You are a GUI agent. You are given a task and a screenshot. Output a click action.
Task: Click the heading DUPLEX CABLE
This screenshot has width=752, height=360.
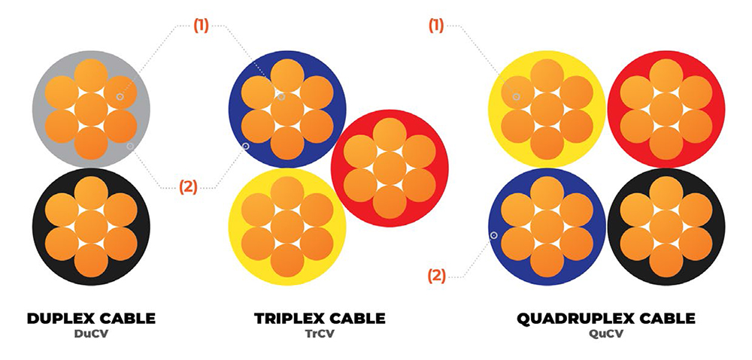pyautogui.click(x=91, y=319)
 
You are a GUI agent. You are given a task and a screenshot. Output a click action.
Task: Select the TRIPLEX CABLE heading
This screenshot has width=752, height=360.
pyautogui.click(x=320, y=319)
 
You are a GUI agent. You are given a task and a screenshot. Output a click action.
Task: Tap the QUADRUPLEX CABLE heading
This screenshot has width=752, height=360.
pyautogui.click(x=606, y=319)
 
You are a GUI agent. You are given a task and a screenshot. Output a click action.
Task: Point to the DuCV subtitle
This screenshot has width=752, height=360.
pyautogui.click(x=91, y=334)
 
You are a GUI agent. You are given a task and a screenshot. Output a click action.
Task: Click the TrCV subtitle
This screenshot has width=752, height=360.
pyautogui.click(x=320, y=334)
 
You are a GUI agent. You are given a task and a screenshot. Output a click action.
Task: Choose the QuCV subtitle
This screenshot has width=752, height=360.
pyautogui.click(x=606, y=334)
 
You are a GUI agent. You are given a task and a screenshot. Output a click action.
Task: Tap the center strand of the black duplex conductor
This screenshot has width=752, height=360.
pyautogui.click(x=91, y=226)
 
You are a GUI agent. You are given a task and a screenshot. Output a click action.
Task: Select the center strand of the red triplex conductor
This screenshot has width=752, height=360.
pyautogui.click(x=389, y=168)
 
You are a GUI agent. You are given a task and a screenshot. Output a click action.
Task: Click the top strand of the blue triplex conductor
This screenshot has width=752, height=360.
pyautogui.click(x=287, y=76)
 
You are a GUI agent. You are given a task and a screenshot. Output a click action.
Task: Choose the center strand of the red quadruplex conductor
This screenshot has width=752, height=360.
pyautogui.click(x=666, y=109)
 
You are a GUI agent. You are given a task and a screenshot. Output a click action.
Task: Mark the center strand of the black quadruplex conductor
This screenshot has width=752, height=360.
pyautogui.click(x=666, y=226)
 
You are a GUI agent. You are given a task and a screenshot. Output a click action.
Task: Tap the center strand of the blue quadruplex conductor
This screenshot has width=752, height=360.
pyautogui.click(x=547, y=226)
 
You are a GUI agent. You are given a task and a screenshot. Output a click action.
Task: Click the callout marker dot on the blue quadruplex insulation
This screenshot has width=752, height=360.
pyautogui.click(x=494, y=235)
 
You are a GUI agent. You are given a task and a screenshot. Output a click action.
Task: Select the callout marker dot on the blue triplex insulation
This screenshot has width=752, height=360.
pyautogui.click(x=245, y=145)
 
